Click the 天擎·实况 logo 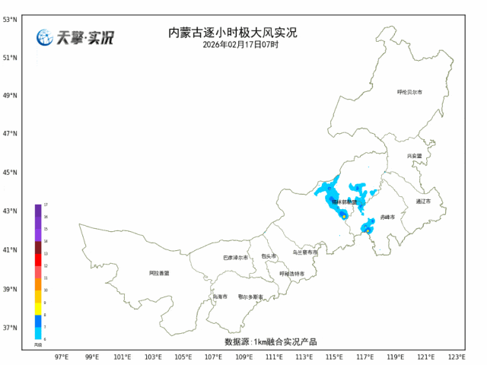point(75,38)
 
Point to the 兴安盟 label point(414,155)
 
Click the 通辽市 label point(423,202)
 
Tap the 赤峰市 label point(387,217)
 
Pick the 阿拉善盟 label point(159,272)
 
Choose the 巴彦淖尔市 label point(236,258)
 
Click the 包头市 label point(269,256)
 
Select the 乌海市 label point(220,297)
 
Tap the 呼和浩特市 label point(291,274)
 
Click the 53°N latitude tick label point(11,18)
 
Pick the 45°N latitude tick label point(11,173)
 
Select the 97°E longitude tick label point(62,357)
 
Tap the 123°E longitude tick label point(457,357)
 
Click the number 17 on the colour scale point(46,205)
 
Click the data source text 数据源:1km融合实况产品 point(270,342)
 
